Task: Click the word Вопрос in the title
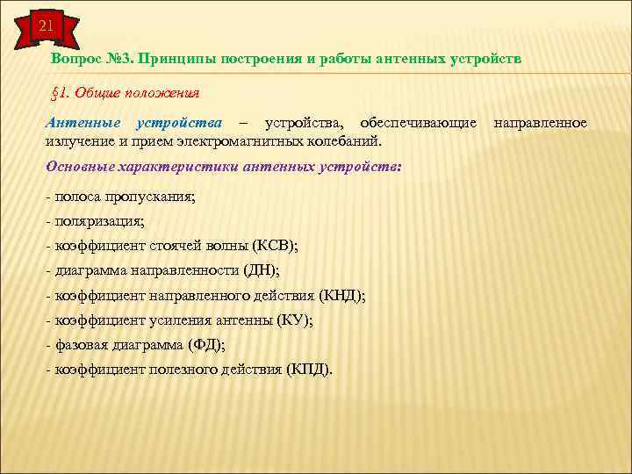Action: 75,58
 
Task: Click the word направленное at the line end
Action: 540,122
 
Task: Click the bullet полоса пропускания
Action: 121,198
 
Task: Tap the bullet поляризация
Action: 97,223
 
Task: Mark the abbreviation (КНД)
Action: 342,297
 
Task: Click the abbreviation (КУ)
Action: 294,321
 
